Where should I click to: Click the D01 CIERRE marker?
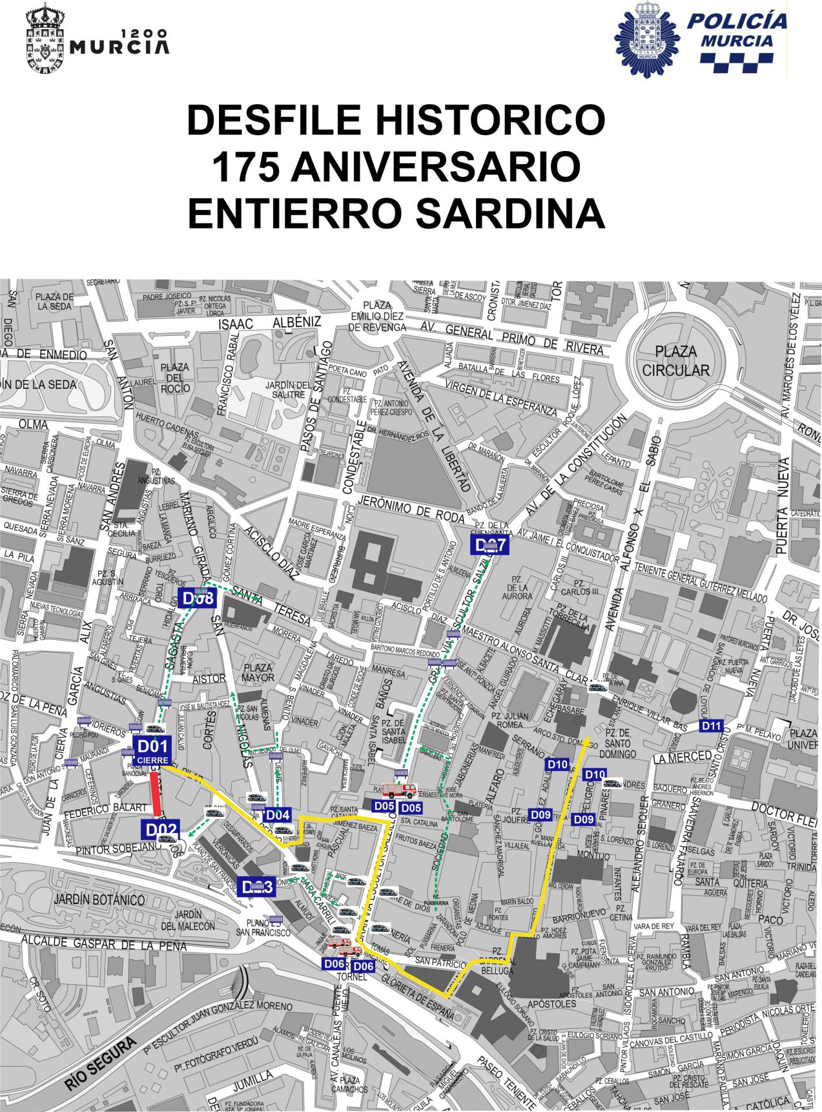click(x=153, y=752)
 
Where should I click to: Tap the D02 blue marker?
click(x=158, y=830)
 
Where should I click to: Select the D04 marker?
click(x=278, y=814)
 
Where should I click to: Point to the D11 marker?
click(x=711, y=726)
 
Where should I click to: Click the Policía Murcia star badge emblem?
click(x=646, y=39)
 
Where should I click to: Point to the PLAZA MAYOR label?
click(x=258, y=673)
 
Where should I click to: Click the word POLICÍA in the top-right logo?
click(x=737, y=21)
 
